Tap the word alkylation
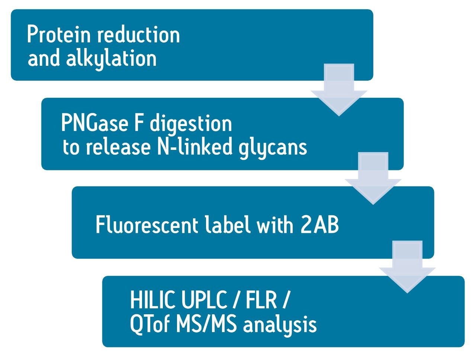pos(111,59)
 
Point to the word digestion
pos(190,124)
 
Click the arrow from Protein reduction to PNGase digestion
pos(339,91)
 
